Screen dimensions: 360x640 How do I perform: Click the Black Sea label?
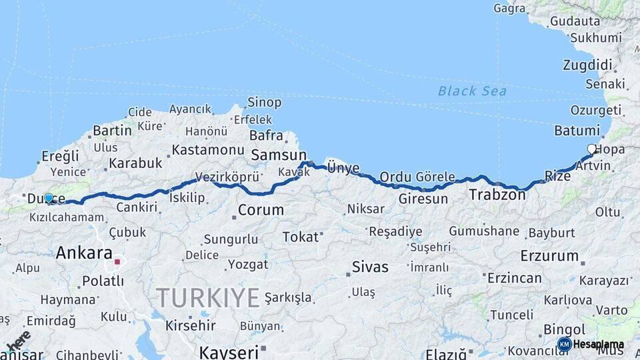tap(472, 91)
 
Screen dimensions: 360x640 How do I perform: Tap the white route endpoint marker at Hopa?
tap(591, 149)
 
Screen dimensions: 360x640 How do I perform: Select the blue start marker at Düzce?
tap(49, 198)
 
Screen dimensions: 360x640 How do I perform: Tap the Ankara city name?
tap(83, 253)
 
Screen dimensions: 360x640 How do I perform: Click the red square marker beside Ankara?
tap(117, 262)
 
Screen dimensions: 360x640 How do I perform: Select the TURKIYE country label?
tap(207, 297)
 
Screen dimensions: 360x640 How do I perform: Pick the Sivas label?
tap(370, 267)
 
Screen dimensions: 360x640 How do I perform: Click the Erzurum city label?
tap(549, 255)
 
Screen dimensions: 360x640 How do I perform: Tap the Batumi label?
tap(576, 130)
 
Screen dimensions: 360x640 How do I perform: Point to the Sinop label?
tap(264, 102)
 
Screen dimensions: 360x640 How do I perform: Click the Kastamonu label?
tap(208, 150)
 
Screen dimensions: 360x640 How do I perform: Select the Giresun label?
tap(423, 199)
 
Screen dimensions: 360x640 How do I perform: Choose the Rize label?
tap(558, 176)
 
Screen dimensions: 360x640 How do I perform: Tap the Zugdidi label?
tap(587, 65)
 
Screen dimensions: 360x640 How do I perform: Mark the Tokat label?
tap(300, 237)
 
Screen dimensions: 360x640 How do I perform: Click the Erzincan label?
tap(514, 277)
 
